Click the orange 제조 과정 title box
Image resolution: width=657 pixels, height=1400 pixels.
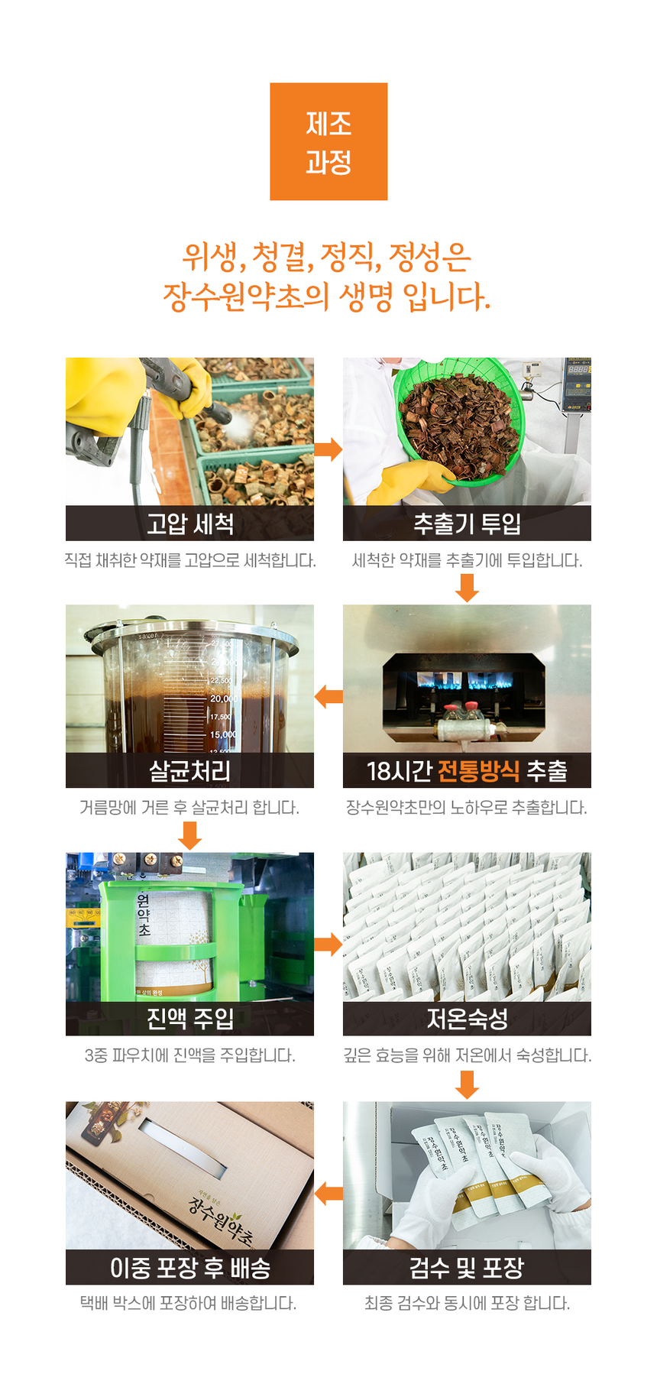coord(328,141)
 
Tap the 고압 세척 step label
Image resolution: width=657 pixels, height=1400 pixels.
coord(190,523)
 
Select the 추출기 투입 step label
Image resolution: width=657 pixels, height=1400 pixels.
coord(467,523)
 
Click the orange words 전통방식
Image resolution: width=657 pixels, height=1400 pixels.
coord(479,771)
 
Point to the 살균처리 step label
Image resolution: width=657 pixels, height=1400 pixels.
coord(189,771)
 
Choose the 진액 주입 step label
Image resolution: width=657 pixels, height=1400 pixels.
coord(190,1019)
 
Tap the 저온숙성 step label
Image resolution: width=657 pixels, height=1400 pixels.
coord(467,1019)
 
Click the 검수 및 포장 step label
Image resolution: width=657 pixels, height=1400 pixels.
coord(467,1268)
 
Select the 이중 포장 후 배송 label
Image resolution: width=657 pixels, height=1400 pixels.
coord(190,1268)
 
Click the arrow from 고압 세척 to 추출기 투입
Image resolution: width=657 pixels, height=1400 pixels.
coord(328,449)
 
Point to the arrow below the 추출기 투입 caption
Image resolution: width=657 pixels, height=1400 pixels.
coord(467,587)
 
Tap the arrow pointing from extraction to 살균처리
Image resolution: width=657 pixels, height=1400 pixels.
coord(328,696)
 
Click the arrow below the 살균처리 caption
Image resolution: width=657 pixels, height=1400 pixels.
coord(189,835)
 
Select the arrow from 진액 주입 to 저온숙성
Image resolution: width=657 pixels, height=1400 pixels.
coord(328,944)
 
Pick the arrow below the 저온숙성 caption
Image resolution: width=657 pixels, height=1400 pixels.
coord(467,1084)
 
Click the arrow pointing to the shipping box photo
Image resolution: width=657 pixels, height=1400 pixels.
coord(328,1193)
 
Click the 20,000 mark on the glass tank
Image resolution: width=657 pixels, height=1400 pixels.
coord(224,698)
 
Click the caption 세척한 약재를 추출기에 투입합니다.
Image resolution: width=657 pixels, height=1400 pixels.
coord(467,561)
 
